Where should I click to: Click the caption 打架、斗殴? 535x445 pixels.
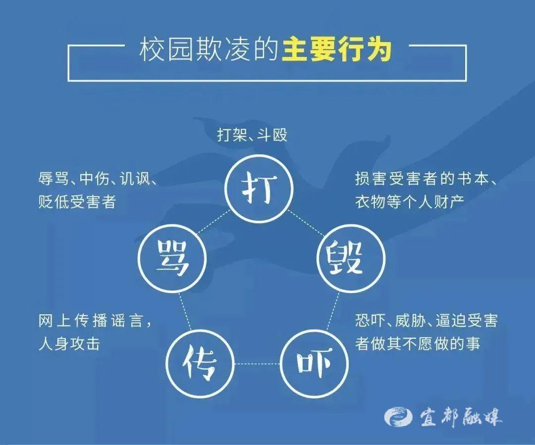252,135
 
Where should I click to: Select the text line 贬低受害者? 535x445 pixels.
77,202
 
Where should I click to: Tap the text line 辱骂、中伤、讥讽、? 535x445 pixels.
98,178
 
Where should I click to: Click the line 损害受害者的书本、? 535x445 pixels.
426,178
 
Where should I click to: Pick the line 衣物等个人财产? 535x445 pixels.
410,202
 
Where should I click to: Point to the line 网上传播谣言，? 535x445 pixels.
95,321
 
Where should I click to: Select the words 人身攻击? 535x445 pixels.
69,344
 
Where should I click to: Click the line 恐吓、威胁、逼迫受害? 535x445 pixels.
426,321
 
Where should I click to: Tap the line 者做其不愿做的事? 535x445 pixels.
418,344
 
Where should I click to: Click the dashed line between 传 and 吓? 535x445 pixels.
257,364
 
